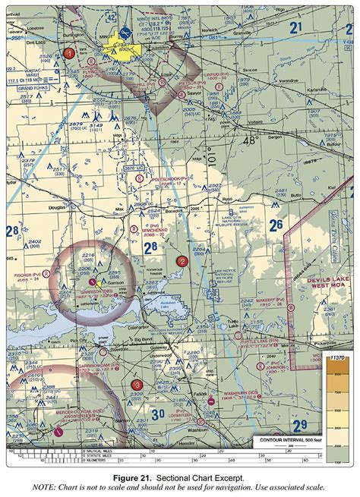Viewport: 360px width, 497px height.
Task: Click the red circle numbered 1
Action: pos(70,53)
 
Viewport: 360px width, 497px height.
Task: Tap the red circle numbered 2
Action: pos(182,261)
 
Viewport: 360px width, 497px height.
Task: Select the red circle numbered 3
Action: pos(136,385)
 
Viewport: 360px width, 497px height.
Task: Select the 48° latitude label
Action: pos(250,141)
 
